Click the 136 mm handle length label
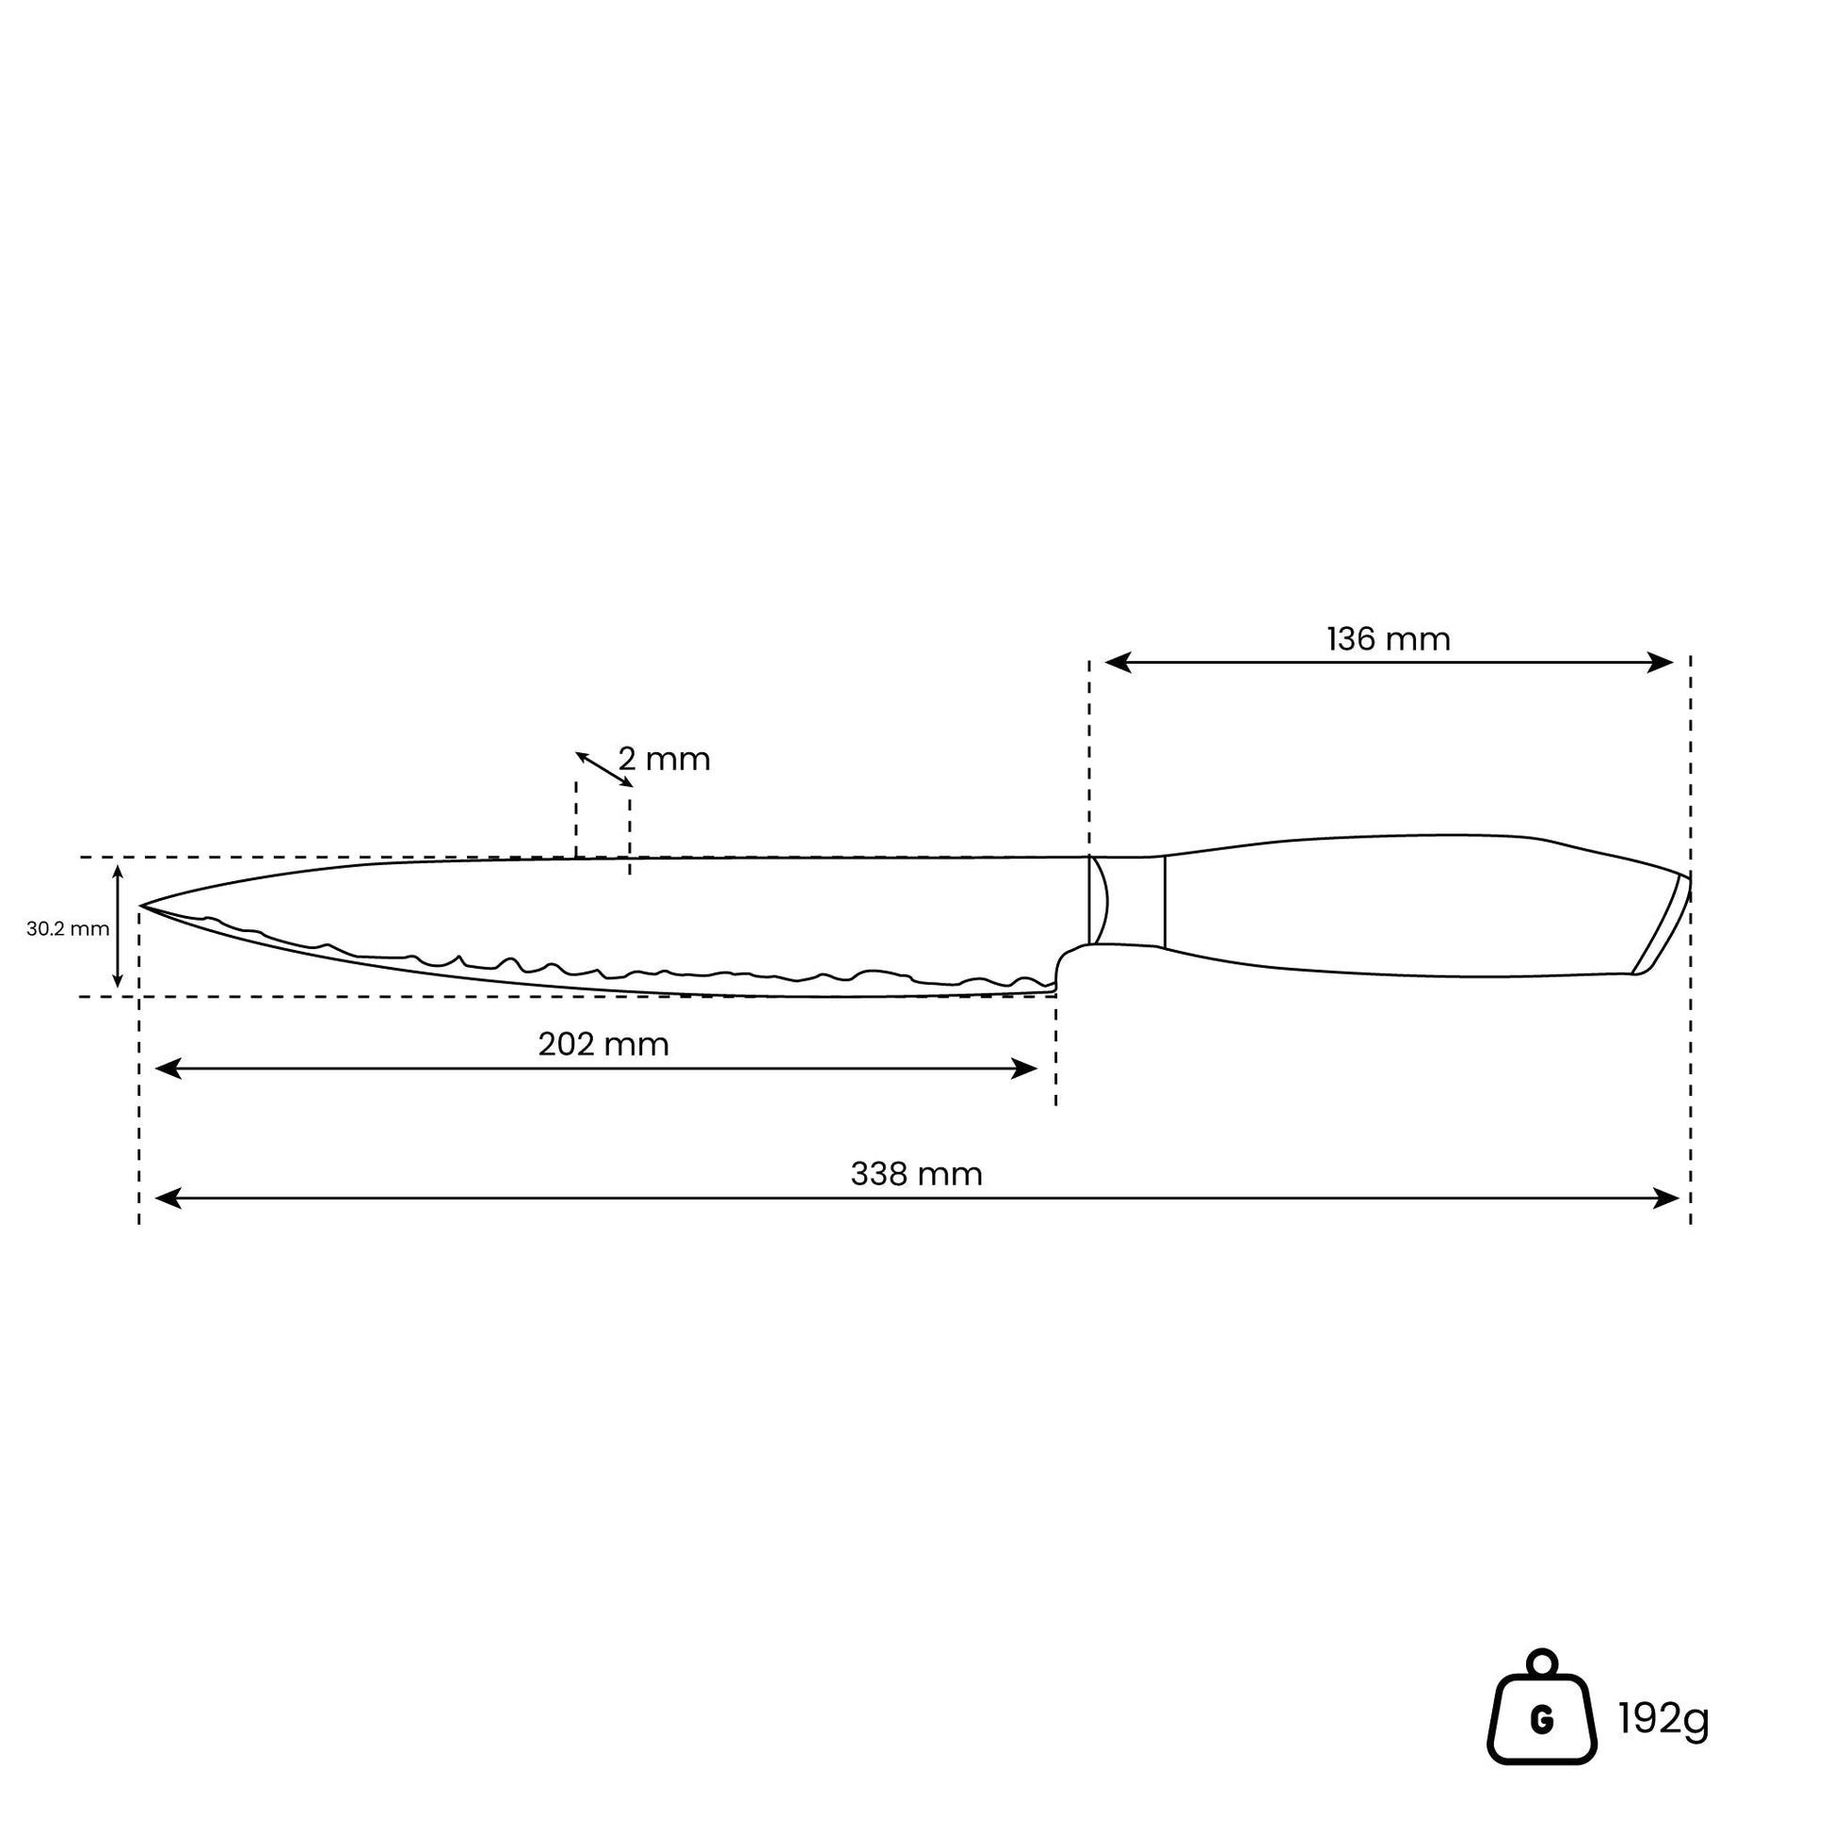click(1389, 640)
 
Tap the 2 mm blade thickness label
click(664, 760)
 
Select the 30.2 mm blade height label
click(68, 929)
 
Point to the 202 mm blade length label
click(603, 1045)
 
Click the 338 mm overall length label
click(916, 1175)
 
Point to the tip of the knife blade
click(140, 907)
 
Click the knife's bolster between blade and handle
click(1127, 901)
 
